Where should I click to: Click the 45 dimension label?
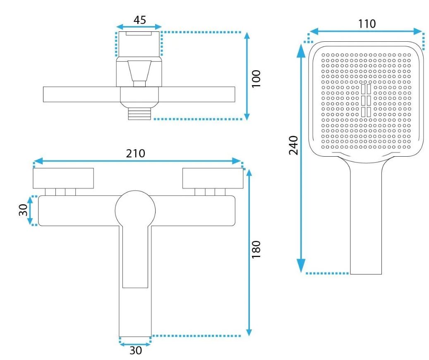tap(139, 20)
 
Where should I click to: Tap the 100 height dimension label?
tap(256, 79)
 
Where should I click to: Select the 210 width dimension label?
tap(135, 153)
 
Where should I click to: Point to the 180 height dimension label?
tap(256, 250)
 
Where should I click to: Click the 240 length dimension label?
tap(293, 145)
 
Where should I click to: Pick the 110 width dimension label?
tap(367, 24)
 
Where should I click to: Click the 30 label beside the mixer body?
tap(23, 210)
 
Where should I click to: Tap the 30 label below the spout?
tap(135, 350)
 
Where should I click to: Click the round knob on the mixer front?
tap(135, 211)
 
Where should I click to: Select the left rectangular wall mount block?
tap(63, 178)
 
